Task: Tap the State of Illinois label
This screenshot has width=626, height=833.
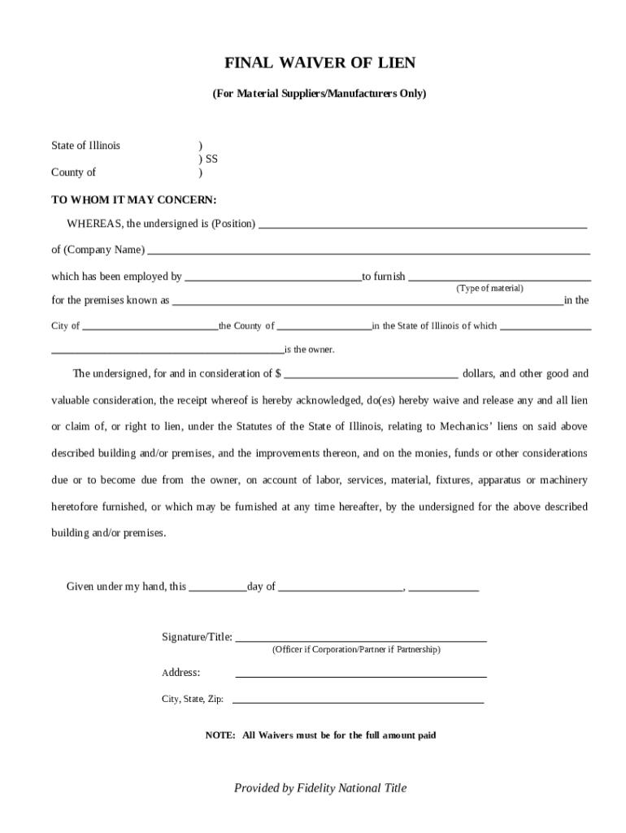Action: click(x=85, y=146)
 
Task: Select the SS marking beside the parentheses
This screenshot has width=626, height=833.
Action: click(x=211, y=159)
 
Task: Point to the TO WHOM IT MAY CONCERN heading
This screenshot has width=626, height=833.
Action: click(x=134, y=199)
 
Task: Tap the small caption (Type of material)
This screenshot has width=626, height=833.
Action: click(x=489, y=289)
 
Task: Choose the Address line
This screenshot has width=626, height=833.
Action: click(x=361, y=675)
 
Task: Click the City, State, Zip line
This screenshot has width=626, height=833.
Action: click(x=358, y=700)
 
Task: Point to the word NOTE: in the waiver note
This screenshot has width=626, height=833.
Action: click(x=220, y=735)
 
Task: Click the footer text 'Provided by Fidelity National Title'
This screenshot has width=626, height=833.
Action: click(x=320, y=787)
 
